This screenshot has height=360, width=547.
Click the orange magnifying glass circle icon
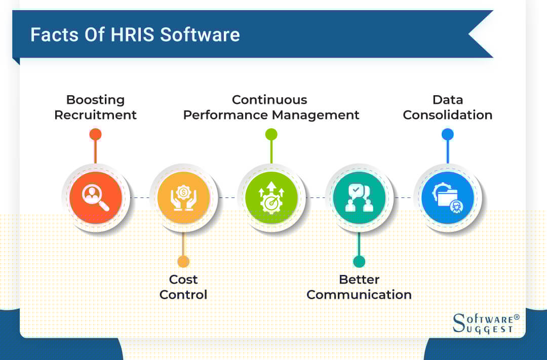[96, 197]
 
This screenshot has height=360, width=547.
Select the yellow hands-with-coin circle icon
[183, 197]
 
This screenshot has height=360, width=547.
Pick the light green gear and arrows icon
[271, 197]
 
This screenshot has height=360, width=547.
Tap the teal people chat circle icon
[359, 197]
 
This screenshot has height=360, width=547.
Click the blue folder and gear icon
[447, 197]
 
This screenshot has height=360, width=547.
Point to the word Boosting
[95, 100]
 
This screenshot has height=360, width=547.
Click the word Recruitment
[95, 115]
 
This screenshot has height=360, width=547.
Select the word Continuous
[269, 100]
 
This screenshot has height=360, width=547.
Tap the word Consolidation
[448, 115]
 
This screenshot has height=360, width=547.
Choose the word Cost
[183, 279]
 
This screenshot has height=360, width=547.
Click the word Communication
[359, 294]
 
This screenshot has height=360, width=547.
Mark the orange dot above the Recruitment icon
[95, 134]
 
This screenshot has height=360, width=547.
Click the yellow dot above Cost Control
[183, 261]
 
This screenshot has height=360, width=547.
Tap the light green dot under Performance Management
[271, 134]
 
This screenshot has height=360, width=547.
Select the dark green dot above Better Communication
[359, 261]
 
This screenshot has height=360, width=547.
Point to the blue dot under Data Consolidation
[447, 134]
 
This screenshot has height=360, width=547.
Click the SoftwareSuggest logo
[486, 323]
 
